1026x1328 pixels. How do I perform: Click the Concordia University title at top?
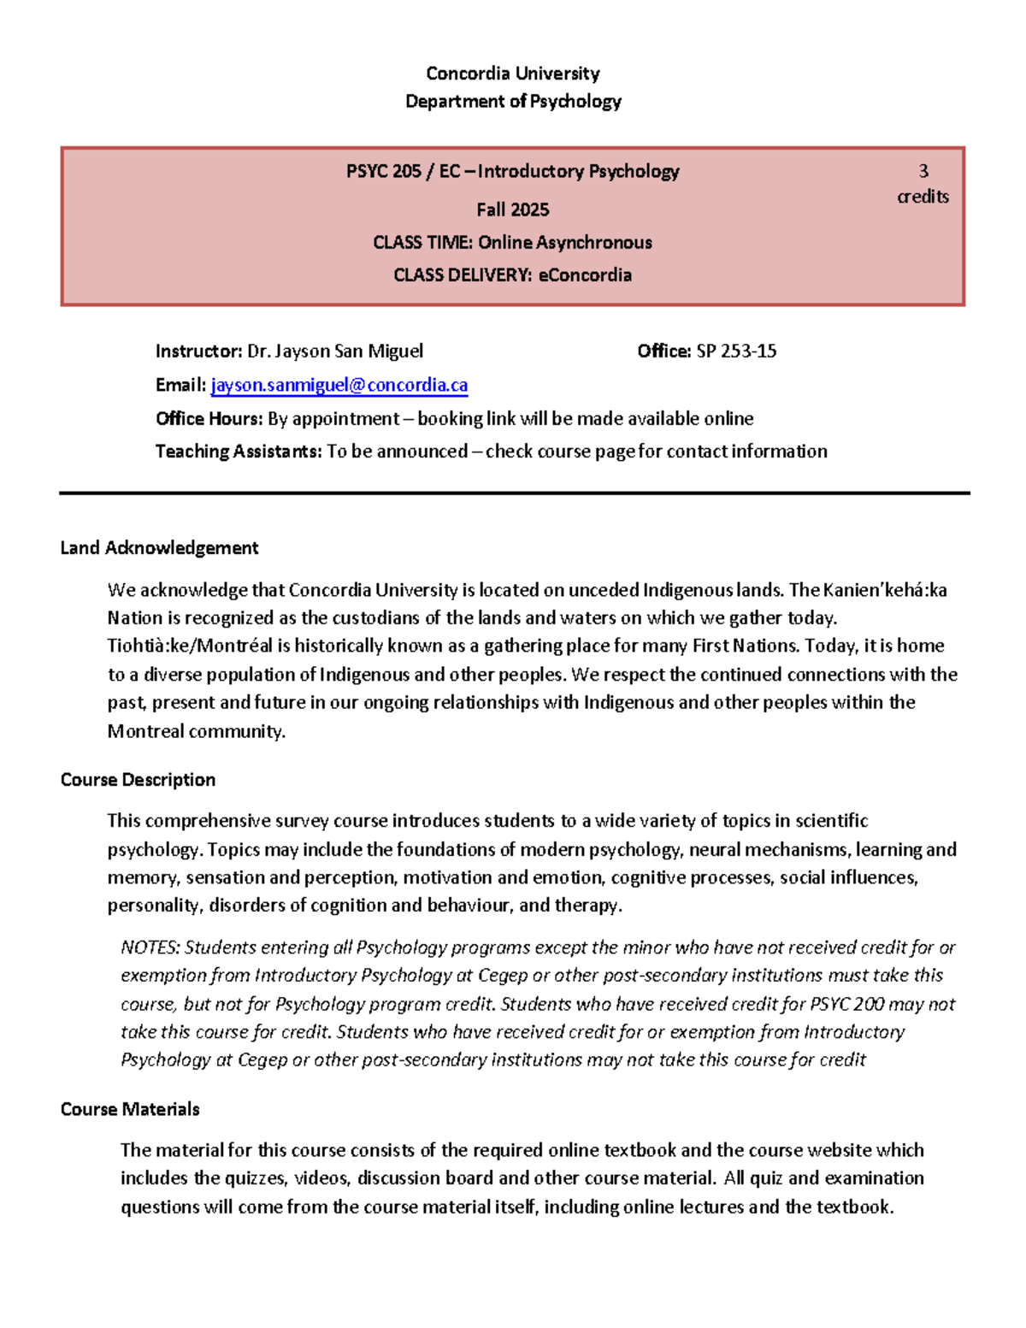click(x=512, y=74)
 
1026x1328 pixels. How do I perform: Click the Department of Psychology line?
click(x=512, y=102)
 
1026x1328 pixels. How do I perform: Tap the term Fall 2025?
click(x=512, y=210)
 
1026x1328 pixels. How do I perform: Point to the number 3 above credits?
click(x=923, y=171)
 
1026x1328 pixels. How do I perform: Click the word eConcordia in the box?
click(x=585, y=275)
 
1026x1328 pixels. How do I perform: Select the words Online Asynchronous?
click(x=564, y=243)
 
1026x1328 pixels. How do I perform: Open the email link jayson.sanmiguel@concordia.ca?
click(x=339, y=386)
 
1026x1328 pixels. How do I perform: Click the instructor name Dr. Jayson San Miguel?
click(x=334, y=351)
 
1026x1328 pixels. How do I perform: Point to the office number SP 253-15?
click(x=736, y=351)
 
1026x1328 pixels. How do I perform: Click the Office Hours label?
click(x=209, y=419)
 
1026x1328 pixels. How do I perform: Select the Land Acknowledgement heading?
click(x=159, y=548)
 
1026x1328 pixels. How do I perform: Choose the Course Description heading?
click(x=138, y=780)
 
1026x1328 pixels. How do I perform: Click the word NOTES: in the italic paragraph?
click(x=150, y=947)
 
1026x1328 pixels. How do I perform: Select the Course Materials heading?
click(x=130, y=1109)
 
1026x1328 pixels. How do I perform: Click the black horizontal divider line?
click(x=513, y=493)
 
